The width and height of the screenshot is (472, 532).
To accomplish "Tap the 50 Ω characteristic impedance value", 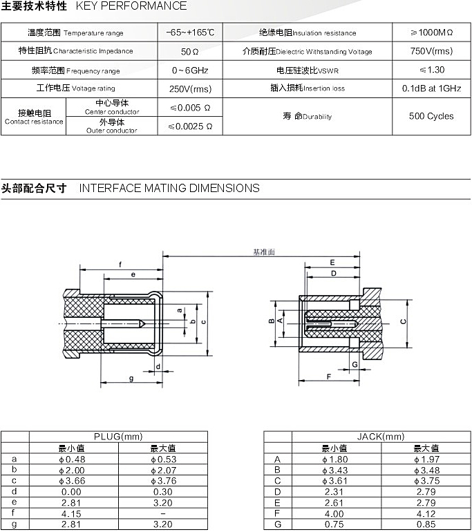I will click(x=190, y=51).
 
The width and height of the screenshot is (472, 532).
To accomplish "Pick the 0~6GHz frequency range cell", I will click(x=190, y=70).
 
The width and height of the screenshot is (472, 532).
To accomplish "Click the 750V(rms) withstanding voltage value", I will click(x=431, y=51).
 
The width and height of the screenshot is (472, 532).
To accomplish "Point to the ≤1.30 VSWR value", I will click(x=431, y=70).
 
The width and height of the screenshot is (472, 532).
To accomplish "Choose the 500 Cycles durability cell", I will click(x=431, y=116).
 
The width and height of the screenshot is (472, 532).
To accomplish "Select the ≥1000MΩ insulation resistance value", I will click(x=431, y=32).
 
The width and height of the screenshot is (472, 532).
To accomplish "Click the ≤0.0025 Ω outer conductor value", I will click(x=190, y=126).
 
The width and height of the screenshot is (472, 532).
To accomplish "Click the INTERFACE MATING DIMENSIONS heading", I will click(x=169, y=188).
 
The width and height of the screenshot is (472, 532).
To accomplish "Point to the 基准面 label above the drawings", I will click(x=263, y=252).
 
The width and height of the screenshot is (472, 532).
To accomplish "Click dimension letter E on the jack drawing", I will click(x=332, y=263).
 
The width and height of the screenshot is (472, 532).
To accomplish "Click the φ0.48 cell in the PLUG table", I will click(x=73, y=459).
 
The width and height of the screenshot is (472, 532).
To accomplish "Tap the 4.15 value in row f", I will click(x=73, y=514).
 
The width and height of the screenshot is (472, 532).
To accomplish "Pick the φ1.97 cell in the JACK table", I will click(x=426, y=459).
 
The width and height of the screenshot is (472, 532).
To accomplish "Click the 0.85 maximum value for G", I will click(x=426, y=524).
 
